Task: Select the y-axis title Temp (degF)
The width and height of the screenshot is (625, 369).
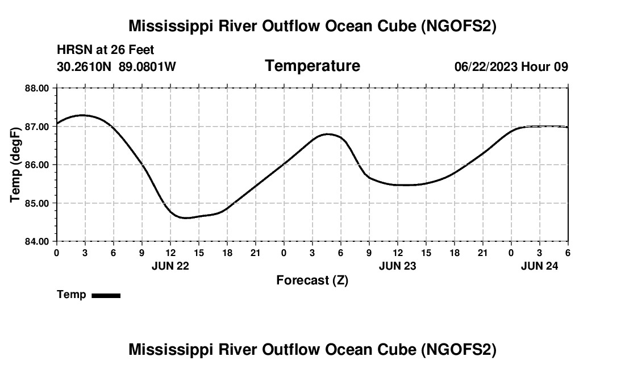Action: pyautogui.click(x=15, y=165)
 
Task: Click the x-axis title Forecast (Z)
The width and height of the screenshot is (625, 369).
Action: pyautogui.click(x=312, y=280)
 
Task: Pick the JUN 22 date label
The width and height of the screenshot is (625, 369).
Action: pyautogui.click(x=170, y=265)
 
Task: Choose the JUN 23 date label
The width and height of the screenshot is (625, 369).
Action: pyautogui.click(x=398, y=265)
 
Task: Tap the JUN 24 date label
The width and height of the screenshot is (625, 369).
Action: pyautogui.click(x=540, y=265)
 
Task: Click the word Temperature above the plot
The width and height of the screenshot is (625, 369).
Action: pyautogui.click(x=312, y=66)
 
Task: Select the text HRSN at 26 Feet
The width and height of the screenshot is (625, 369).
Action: pyautogui.click(x=105, y=50)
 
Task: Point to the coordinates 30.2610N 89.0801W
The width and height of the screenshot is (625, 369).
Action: pyautogui.click(x=116, y=66)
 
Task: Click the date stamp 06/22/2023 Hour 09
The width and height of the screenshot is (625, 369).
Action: pyautogui.click(x=511, y=66)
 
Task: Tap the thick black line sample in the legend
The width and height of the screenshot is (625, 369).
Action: pyautogui.click(x=106, y=295)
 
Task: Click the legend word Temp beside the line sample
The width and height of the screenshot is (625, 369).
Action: pyautogui.click(x=72, y=295)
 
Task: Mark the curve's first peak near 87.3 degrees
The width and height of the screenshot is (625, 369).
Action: pyautogui.click(x=82, y=115)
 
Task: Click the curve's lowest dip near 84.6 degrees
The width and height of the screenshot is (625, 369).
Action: pyautogui.click(x=186, y=218)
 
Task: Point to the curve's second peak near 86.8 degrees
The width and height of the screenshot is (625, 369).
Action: pyautogui.click(x=328, y=134)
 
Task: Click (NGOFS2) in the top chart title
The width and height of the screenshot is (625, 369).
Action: pyautogui.click(x=458, y=26)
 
